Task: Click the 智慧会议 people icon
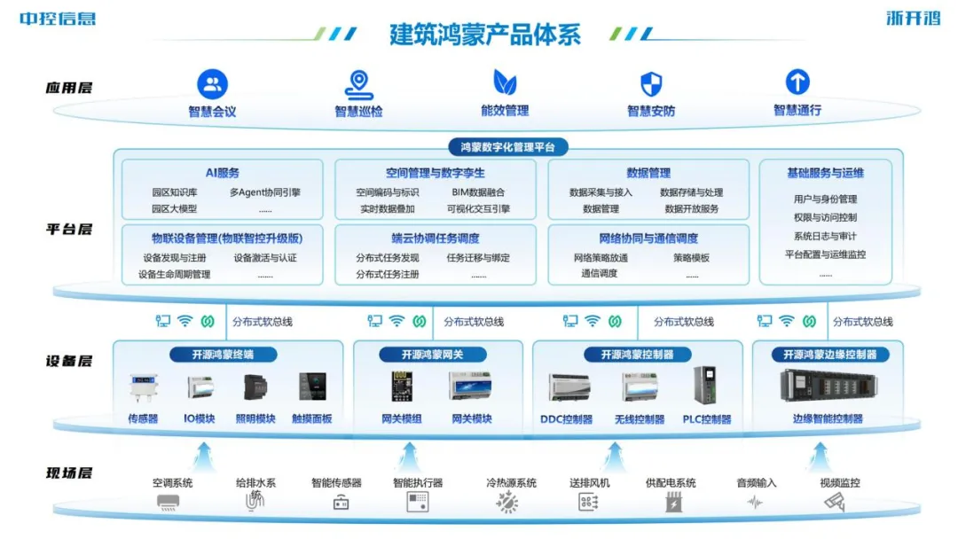tap(212, 84)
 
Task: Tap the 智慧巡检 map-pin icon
tap(358, 84)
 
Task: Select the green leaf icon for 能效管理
tap(505, 83)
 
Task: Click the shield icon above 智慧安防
tap(651, 84)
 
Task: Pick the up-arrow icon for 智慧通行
tap(797, 82)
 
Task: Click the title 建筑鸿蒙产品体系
tap(485, 34)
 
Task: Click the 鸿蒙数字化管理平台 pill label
tap(507, 147)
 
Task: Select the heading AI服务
tap(222, 173)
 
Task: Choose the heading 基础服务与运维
tap(825, 173)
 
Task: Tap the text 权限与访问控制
tap(825, 217)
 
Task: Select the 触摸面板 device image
tap(311, 387)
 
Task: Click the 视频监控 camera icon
tap(835, 502)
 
